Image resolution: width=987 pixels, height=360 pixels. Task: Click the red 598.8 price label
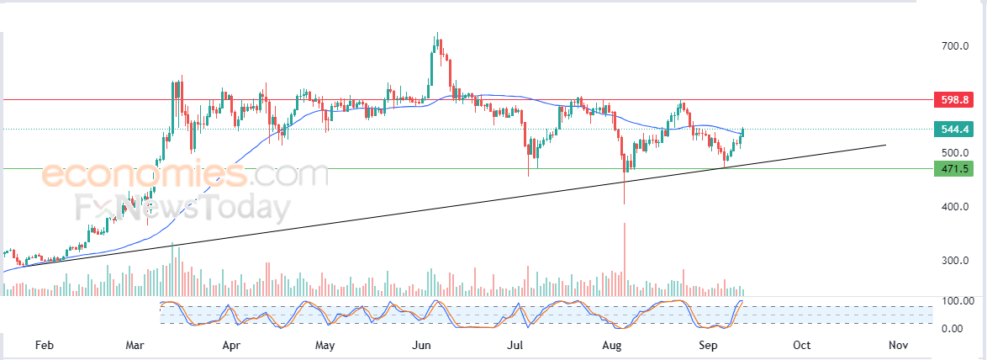[956, 99]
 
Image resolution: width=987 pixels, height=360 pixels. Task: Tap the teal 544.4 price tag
[956, 129]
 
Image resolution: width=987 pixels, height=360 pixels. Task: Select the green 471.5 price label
[956, 169]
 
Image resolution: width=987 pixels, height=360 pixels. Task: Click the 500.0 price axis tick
[956, 153]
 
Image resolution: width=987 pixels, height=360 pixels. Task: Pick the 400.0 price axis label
[956, 207]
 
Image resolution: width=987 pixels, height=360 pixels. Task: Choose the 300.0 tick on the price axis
[956, 261]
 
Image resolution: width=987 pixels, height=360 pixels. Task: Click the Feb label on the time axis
[43, 346]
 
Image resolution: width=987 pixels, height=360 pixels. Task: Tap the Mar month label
[134, 346]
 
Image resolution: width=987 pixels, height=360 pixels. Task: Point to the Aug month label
[612, 346]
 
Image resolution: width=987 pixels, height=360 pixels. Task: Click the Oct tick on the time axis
[801, 346]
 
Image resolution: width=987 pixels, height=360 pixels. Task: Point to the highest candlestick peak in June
[436, 33]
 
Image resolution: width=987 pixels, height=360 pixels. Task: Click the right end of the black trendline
[885, 146]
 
